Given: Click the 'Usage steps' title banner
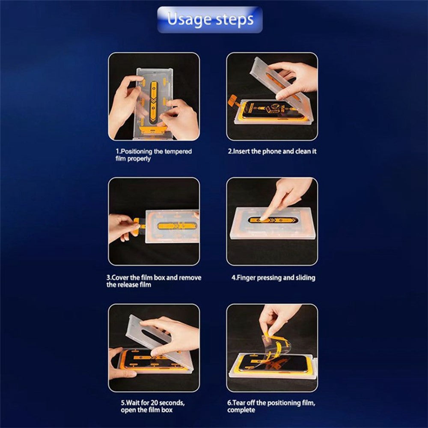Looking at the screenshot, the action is click(210, 20).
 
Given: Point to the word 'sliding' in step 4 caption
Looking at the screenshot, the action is click(306, 278).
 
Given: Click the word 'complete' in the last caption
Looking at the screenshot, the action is click(241, 410).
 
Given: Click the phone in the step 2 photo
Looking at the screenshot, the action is click(272, 110).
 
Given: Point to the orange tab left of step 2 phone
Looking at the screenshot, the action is click(234, 101).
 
